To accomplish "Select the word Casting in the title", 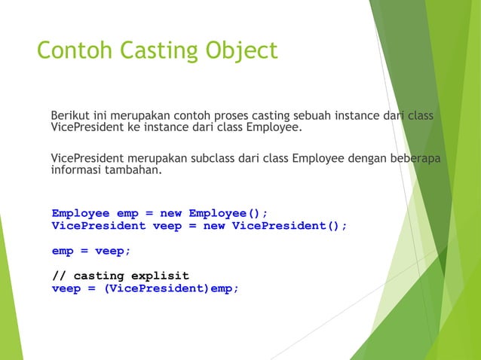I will (x=156, y=51).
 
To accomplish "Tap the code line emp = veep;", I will (x=86, y=251).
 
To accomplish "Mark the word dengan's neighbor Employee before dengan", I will (x=319, y=158).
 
